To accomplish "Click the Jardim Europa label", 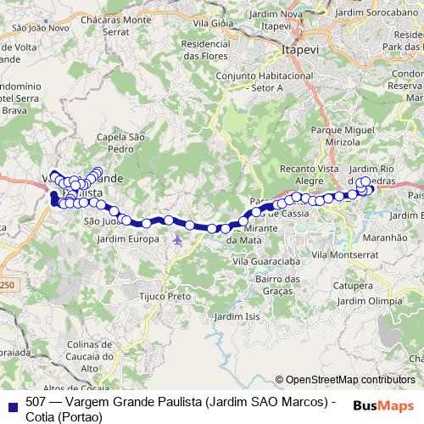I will [x=128, y=240].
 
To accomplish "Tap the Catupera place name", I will [x=354, y=285].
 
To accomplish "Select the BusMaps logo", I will [x=383, y=405].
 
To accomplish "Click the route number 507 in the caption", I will [x=36, y=402].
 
